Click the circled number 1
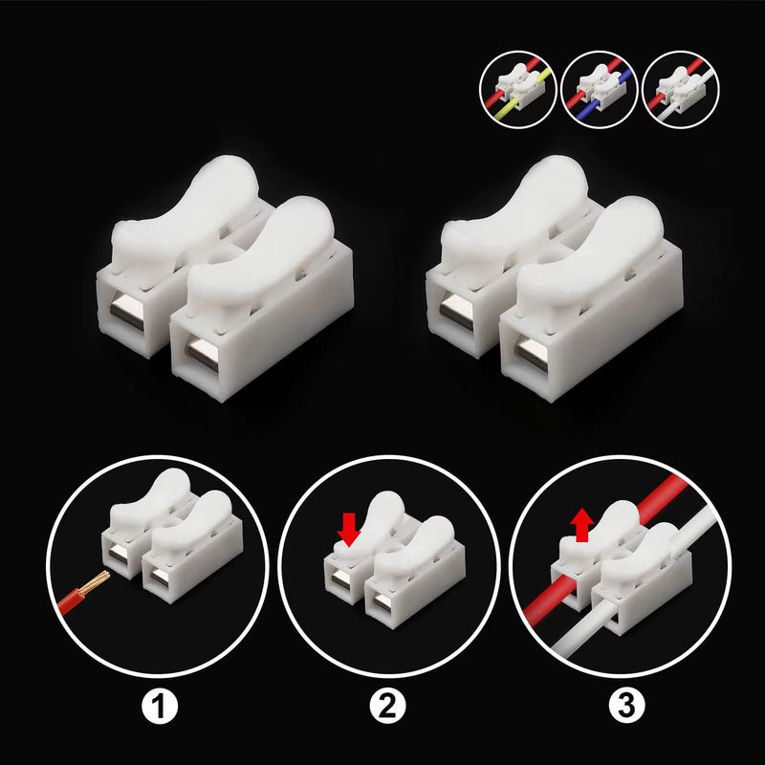pyautogui.click(x=160, y=706)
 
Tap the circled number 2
pyautogui.click(x=387, y=706)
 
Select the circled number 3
pyautogui.click(x=627, y=706)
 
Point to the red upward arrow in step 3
pyautogui.click(x=582, y=525)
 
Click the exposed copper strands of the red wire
pyautogui.click(x=96, y=582)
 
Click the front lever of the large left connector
pyautogui.click(x=261, y=258)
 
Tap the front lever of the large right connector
pyautogui.click(x=590, y=258)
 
